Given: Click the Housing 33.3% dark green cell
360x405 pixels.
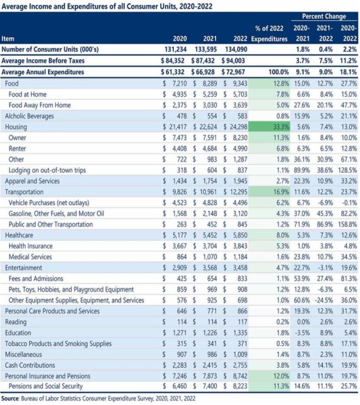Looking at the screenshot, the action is pyautogui.click(x=269, y=127).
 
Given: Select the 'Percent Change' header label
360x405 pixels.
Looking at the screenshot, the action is pyautogui.click(x=324, y=16).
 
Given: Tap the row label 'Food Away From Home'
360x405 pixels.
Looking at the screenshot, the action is pyautogui.click(x=39, y=105).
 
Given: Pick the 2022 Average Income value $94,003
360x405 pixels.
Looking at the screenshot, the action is pyautogui.click(x=233, y=61).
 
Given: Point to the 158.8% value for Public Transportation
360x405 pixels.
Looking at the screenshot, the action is pyautogui.click(x=348, y=224).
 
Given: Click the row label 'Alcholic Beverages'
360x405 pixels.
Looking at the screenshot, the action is pyautogui.click(x=29, y=116).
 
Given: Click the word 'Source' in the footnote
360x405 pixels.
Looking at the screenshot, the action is pyautogui.click(x=10, y=398).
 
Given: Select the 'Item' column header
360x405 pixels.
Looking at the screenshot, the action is pyautogui.click(x=8, y=39).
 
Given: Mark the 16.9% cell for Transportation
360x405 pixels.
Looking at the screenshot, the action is pyautogui.click(x=269, y=192).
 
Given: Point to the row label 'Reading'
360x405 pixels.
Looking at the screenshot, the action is pyautogui.click(x=16, y=322).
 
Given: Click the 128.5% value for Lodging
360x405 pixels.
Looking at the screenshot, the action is pyautogui.click(x=348, y=170).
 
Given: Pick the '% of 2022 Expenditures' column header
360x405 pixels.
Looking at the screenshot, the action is pyautogui.click(x=269, y=34).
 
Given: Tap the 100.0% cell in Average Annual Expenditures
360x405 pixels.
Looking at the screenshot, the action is pyautogui.click(x=279, y=72).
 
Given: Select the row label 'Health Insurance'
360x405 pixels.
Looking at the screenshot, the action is pyautogui.click(x=31, y=246).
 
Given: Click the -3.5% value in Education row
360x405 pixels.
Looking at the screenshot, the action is pyautogui.click(x=302, y=333).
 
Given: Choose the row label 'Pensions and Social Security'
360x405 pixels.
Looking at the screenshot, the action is pyautogui.click(x=46, y=386).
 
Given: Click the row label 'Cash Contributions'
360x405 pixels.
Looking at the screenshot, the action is pyautogui.click(x=30, y=366).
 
